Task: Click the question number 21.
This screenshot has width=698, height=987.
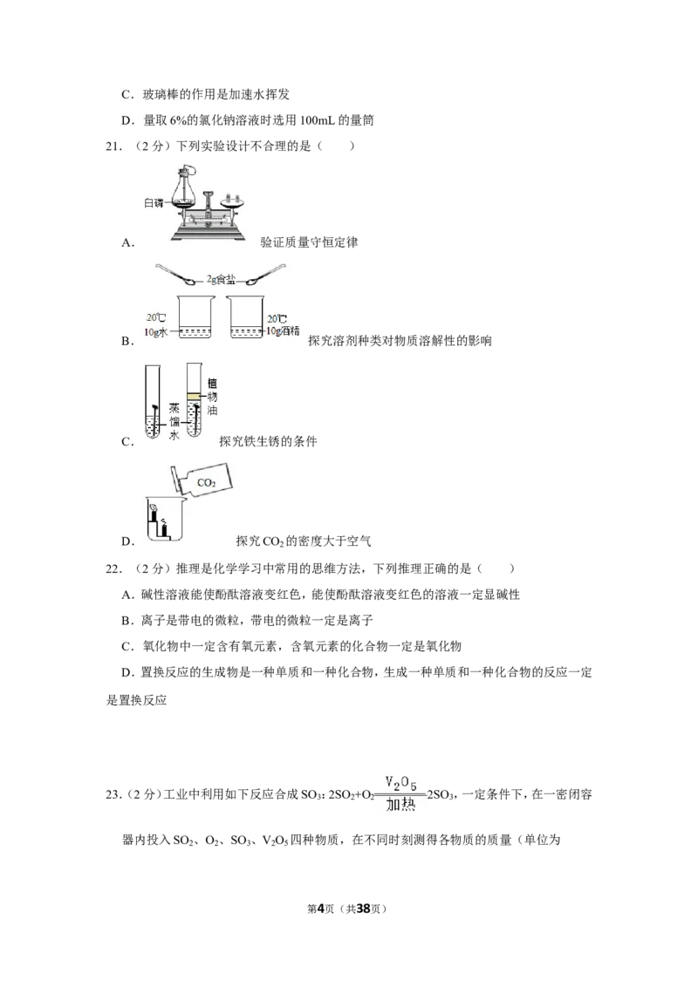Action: tap(113, 146)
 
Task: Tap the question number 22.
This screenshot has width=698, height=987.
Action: tap(113, 569)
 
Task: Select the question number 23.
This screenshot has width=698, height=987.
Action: tap(113, 794)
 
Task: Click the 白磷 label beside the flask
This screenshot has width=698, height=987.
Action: tap(154, 202)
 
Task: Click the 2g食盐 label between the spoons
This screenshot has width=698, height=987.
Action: tap(221, 280)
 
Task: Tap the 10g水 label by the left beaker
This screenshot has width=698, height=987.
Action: tap(155, 331)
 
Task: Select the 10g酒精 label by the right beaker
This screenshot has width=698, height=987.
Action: tap(283, 330)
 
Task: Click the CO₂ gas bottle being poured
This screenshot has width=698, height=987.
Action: tap(202, 481)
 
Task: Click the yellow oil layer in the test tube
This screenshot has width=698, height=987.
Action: tap(194, 397)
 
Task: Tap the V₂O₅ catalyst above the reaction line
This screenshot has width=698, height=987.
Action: tap(401, 783)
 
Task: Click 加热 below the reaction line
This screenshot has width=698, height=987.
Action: tap(400, 805)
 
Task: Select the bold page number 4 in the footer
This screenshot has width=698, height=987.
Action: tap(321, 909)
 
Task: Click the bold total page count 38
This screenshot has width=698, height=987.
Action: tap(363, 909)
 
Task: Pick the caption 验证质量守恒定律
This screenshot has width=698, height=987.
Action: tap(310, 242)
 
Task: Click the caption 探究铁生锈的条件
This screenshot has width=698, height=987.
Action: tap(268, 441)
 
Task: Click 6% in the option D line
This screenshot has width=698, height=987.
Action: tap(178, 119)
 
